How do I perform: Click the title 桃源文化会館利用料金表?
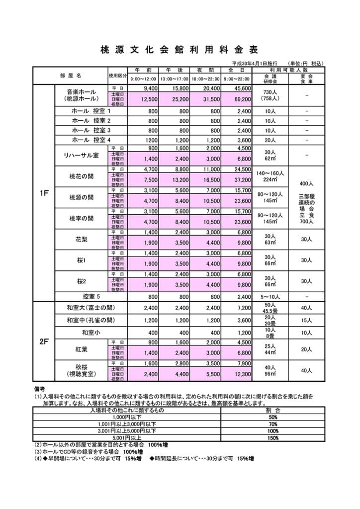click(x=180, y=50)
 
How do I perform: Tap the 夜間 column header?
click(x=206, y=70)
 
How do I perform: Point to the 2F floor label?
click(x=43, y=342)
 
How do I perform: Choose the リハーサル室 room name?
click(x=82, y=156)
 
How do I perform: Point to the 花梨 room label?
click(x=82, y=240)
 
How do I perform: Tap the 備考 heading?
click(x=40, y=390)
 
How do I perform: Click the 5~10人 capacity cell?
click(x=270, y=296)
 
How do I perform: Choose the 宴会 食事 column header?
click(x=307, y=79)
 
